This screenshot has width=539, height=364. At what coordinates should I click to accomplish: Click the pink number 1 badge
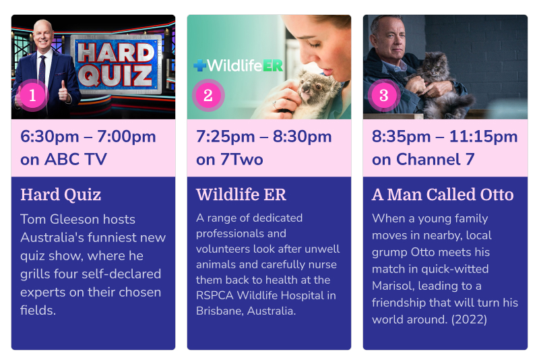(x=32, y=95)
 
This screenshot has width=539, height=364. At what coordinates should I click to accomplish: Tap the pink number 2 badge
(x=208, y=95)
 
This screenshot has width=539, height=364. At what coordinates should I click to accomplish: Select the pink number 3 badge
(x=384, y=95)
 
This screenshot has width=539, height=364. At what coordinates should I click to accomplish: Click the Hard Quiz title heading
(x=61, y=195)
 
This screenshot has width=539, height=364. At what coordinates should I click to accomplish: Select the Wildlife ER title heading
(x=241, y=194)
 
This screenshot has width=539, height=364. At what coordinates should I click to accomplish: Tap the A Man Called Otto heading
(x=443, y=194)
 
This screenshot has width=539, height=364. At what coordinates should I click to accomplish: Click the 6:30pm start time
(x=50, y=137)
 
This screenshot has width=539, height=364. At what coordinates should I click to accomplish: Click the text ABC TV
(x=75, y=159)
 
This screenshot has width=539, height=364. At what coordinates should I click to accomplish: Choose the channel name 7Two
(x=242, y=159)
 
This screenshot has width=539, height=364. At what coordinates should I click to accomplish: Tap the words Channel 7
(x=435, y=159)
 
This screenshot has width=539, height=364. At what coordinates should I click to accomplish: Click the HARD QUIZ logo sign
(x=116, y=64)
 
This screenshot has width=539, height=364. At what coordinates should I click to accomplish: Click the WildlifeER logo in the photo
(x=238, y=65)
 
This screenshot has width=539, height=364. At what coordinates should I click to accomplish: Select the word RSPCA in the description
(x=214, y=295)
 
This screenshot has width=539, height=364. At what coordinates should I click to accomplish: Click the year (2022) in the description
(x=469, y=320)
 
